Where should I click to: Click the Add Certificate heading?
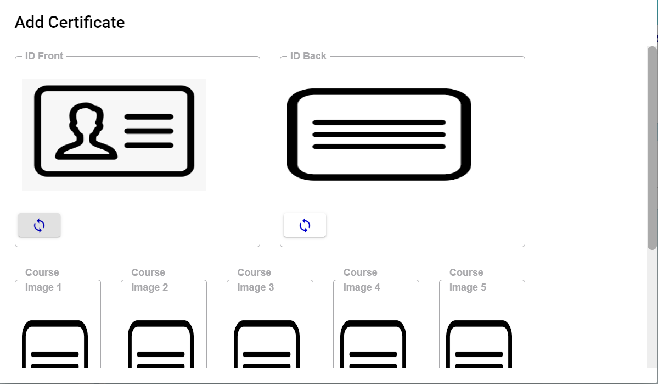click(70, 23)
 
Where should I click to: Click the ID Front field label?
click(44, 56)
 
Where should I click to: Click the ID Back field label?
click(308, 56)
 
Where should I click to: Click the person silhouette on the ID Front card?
click(87, 131)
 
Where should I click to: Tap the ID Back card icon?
click(379, 135)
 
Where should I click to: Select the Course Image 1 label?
click(43, 280)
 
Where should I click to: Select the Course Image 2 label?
click(149, 280)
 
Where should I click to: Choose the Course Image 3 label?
click(256, 280)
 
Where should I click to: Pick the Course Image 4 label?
click(362, 280)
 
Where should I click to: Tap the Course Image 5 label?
click(468, 280)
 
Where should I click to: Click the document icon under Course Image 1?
click(55, 344)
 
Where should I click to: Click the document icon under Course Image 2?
click(161, 344)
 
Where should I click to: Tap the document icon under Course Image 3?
click(267, 344)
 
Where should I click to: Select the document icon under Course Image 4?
click(373, 344)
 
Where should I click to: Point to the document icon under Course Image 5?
click(479, 344)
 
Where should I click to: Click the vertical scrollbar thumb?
click(652, 148)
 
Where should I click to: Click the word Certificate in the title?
click(87, 23)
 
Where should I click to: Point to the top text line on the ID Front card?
click(149, 117)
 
